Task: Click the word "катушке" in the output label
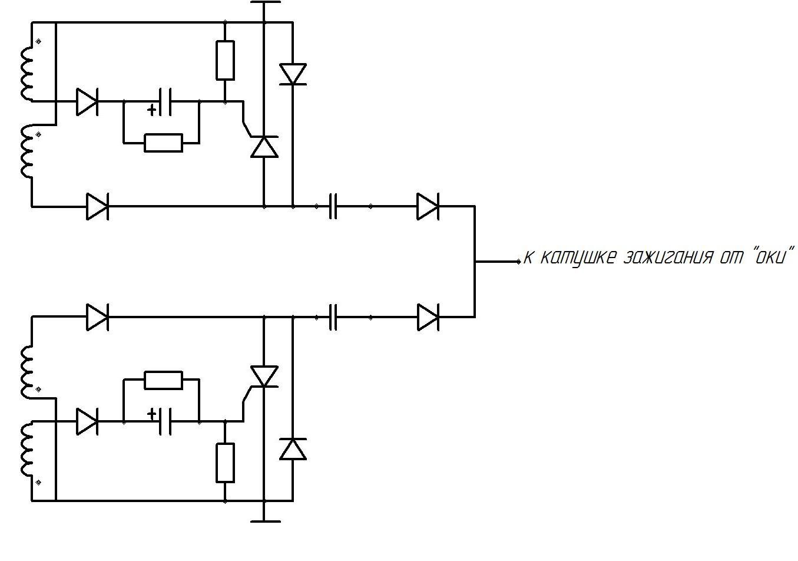pos(578,258)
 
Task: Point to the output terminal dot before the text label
pos(519,262)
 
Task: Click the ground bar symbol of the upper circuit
pos(266,2)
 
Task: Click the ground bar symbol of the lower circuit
pos(266,522)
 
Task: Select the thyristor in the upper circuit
pos(264,147)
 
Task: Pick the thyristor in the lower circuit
pos(264,377)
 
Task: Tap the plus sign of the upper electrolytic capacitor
pos(152,110)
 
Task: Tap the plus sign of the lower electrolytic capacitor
pos(152,414)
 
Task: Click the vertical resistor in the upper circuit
pos(225,60)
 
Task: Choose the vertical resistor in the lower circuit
pos(225,463)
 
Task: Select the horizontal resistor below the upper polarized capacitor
pos(164,143)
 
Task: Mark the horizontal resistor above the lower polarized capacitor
pos(164,380)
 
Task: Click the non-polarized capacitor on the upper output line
pos(333,206)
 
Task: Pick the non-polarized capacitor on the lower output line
pos(333,317)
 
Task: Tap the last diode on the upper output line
pos(428,206)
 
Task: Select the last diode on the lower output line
pos(428,317)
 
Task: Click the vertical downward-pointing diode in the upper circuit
pos(293,74)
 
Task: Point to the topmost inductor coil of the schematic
pos(27,74)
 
